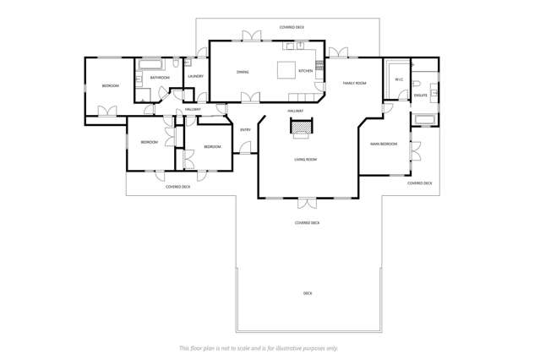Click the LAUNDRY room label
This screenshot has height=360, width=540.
pos(195,77)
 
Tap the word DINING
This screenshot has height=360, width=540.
pos(243,73)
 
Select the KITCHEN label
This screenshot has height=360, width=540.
pos(305,71)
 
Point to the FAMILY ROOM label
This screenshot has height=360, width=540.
pos(354,83)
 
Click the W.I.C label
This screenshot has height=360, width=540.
pos(398,80)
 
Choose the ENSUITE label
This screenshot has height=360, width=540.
pos(420,95)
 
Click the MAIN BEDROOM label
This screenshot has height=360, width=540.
pos(384,145)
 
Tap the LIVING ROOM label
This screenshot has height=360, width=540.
pos(305,160)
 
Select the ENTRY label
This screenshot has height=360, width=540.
pos(245,129)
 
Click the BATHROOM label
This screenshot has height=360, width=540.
pos(160,78)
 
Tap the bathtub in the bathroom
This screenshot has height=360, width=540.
pos(152,63)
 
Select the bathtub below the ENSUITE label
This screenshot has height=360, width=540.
pos(424,119)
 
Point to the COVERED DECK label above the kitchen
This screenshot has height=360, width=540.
pos(292,27)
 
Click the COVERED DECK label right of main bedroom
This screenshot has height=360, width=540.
pos(420,183)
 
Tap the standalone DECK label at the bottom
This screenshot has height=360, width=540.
pos(308,293)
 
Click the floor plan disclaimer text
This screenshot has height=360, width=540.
pos(259,347)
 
